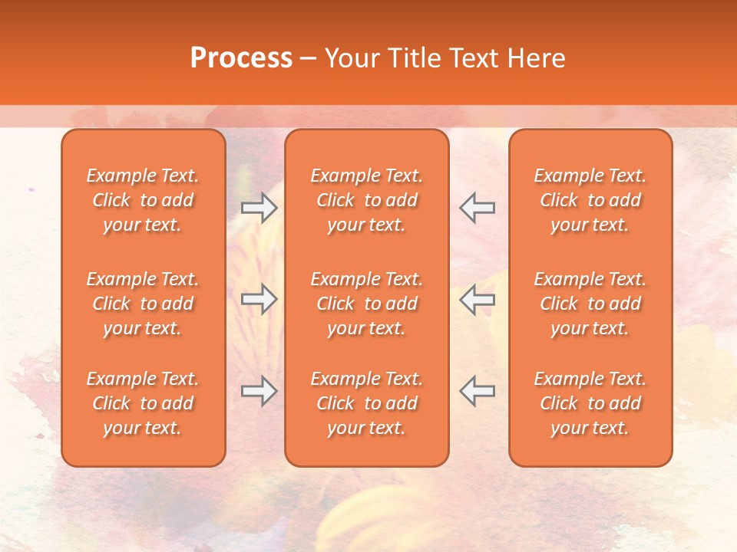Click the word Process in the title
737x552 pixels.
click(x=241, y=58)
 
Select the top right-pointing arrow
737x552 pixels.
click(x=259, y=208)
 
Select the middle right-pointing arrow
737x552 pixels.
click(x=259, y=299)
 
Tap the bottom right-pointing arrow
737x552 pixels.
click(x=259, y=391)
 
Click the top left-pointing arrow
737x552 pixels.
click(x=477, y=208)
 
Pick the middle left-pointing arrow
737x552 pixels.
click(x=477, y=299)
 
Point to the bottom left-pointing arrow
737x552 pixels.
click(x=477, y=391)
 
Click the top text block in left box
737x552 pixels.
click(x=143, y=200)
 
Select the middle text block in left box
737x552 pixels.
click(x=143, y=304)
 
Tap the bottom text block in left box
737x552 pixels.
click(x=143, y=403)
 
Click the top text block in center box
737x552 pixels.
click(x=367, y=200)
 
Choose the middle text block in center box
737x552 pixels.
click(x=367, y=304)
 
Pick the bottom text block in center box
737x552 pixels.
click(x=367, y=403)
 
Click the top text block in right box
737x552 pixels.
click(x=590, y=200)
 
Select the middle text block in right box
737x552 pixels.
click(x=590, y=304)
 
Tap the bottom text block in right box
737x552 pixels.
click(x=590, y=403)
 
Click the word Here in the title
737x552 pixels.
click(x=538, y=58)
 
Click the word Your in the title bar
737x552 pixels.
click(x=351, y=58)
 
